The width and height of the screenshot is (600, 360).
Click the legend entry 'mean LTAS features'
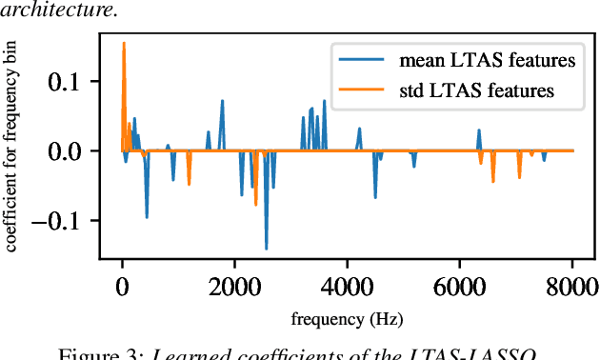point(486,61)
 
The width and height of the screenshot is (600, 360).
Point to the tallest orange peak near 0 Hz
point(124,43)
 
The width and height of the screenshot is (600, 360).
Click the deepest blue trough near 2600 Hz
point(267,249)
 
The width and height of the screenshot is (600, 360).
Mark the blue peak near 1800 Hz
point(223,100)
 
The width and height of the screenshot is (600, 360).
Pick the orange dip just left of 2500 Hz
point(256,204)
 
